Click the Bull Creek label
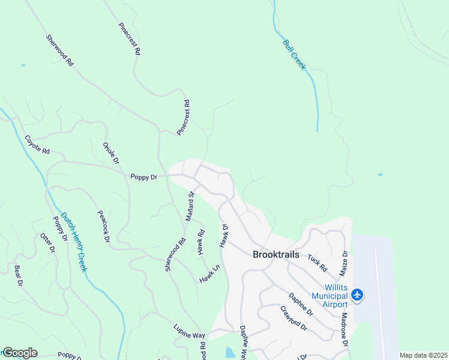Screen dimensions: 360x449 click(x=295, y=54)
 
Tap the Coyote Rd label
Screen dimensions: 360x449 click(x=37, y=144)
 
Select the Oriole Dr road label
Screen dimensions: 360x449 click(x=111, y=153)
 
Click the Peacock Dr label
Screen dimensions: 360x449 click(x=104, y=226)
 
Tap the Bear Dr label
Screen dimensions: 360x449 click(x=18, y=275)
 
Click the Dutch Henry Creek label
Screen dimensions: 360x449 click(x=73, y=242)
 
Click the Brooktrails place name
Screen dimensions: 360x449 click(x=276, y=254)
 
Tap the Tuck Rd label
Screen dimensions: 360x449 click(x=317, y=262)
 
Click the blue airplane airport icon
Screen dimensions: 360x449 click(x=358, y=294)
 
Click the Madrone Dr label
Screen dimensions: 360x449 click(x=345, y=329)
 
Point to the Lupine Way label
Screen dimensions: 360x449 click(x=189, y=335)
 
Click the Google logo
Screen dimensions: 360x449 click(x=20, y=353)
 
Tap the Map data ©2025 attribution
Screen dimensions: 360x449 click(x=423, y=355)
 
